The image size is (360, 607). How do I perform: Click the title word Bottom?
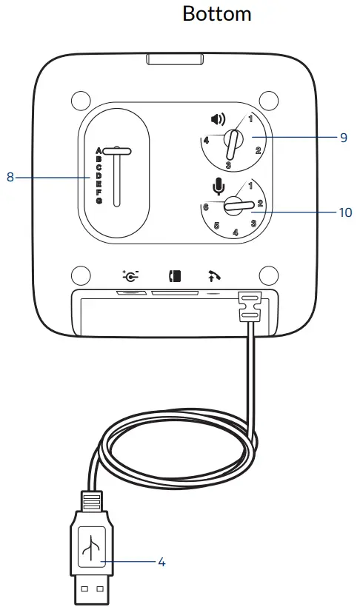[216, 13]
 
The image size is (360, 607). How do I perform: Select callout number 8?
[10, 177]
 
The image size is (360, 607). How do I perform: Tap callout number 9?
[343, 137]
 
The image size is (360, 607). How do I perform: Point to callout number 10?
[344, 212]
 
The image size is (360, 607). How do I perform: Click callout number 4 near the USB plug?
[161, 562]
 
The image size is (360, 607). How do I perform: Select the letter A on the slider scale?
[98, 151]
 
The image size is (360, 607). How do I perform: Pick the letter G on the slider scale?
[98, 201]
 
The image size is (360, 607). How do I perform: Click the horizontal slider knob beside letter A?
[118, 151]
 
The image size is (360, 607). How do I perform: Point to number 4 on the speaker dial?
[205, 140]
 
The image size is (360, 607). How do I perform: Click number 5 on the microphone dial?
[217, 226]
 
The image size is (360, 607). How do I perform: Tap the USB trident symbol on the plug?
[90, 549]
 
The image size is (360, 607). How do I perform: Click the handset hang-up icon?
[213, 278]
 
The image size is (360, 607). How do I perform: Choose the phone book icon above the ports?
[175, 278]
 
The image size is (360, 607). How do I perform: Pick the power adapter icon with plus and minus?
[131, 278]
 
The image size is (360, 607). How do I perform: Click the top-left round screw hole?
[79, 98]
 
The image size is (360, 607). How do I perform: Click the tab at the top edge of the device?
[175, 59]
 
